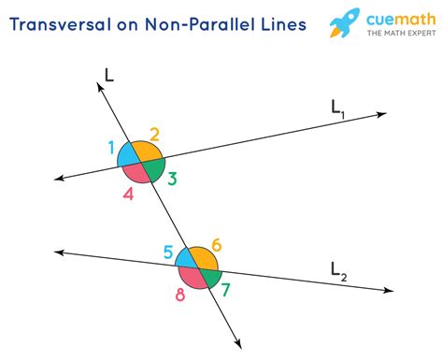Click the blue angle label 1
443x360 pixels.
point(112,147)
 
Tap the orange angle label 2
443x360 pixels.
point(154,133)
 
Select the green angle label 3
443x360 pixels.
point(172,178)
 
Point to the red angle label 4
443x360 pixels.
point(128,194)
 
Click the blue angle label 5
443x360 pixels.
point(168,251)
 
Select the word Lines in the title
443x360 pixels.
point(281,23)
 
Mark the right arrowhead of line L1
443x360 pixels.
point(382,115)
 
